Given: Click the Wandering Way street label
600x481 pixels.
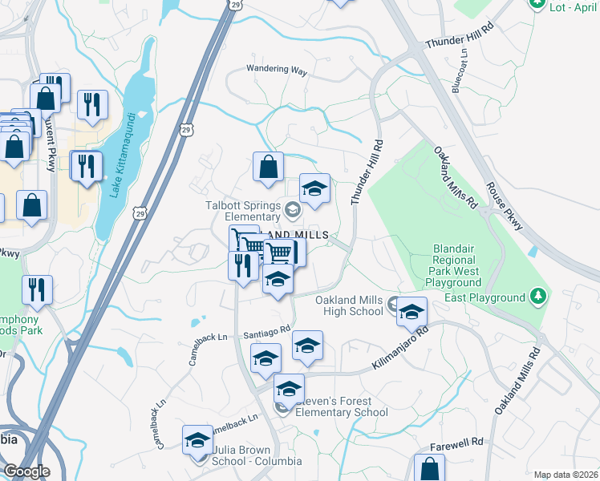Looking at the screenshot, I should (277, 71).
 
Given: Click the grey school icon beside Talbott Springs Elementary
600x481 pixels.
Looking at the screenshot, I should (292, 210).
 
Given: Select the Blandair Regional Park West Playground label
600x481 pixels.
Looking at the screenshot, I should (446, 265).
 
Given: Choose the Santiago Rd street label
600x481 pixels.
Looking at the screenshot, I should (268, 333).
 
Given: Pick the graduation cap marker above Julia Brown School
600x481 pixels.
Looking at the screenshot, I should (197, 440).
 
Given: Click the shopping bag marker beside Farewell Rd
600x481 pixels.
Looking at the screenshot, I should (429, 467).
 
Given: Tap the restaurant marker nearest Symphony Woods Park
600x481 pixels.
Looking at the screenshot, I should (37, 289).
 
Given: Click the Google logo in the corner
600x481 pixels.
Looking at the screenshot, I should (26, 471).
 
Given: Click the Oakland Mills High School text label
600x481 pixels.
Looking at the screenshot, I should (348, 305).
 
